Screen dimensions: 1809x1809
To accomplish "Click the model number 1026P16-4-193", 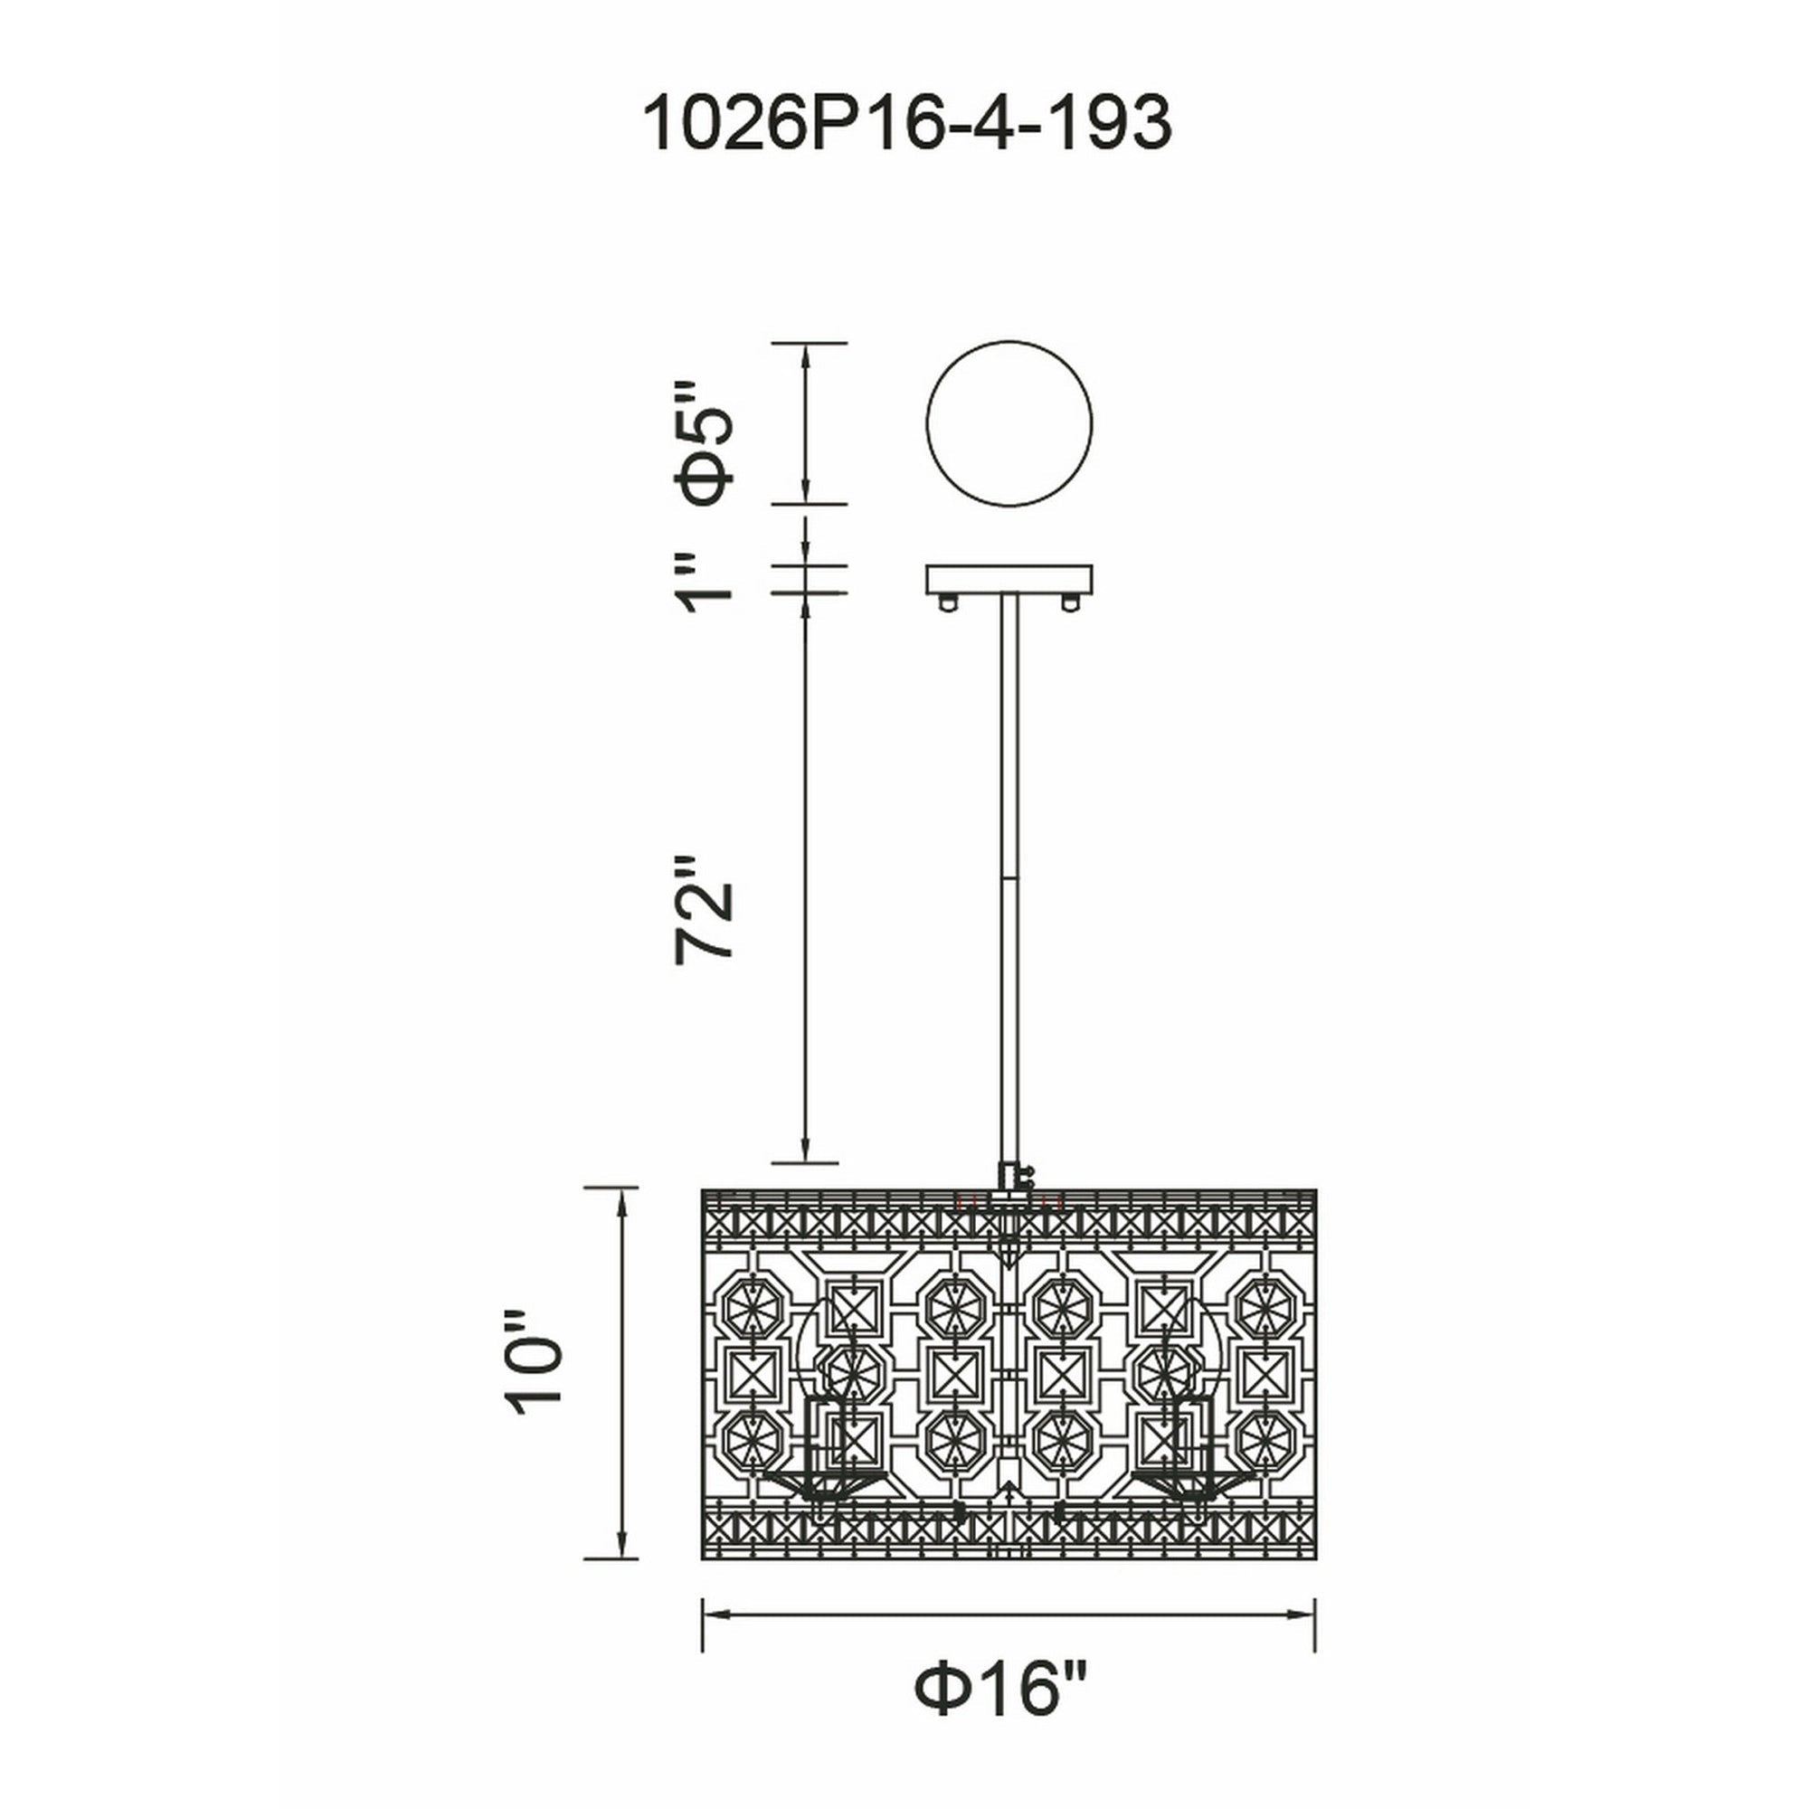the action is point(906,124).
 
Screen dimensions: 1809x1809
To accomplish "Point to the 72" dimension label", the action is point(704,907).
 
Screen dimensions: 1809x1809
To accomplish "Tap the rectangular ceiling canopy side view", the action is point(1009,579).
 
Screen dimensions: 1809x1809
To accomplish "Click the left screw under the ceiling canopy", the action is point(950,601).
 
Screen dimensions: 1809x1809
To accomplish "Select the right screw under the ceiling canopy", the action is point(1069,601).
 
